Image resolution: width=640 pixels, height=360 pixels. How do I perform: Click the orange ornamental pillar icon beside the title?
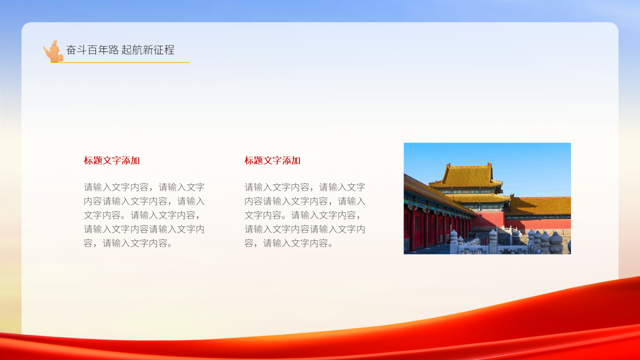coord(53,52)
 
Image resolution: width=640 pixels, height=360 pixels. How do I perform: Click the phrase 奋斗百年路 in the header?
coord(92,50)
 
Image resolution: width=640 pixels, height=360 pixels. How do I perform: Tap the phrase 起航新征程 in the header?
coord(148,50)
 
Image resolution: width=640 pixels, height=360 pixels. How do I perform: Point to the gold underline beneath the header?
coord(125,62)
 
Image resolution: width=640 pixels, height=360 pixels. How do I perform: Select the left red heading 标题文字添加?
coord(112,160)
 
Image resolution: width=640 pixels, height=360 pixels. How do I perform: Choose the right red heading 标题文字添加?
coord(272,160)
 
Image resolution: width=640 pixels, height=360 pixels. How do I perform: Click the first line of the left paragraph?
coord(144,187)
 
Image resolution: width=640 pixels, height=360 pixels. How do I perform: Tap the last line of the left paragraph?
coord(129,243)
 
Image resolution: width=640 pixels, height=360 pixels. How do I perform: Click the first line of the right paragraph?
coord(304,187)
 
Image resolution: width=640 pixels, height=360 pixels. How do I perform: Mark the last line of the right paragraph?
coord(289,243)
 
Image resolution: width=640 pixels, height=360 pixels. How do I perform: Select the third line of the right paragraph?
coord(302,215)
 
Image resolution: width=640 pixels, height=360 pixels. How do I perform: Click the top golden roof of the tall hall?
coord(466,175)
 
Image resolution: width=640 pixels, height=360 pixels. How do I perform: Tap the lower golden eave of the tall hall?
coord(477,198)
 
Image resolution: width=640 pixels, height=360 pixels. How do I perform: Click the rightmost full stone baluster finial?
coord(555,240)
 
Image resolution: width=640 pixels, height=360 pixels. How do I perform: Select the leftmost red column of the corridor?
coord(412,230)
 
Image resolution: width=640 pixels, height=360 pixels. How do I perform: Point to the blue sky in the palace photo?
coord(530,165)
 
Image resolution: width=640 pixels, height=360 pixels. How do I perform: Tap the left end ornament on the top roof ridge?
coord(448,165)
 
